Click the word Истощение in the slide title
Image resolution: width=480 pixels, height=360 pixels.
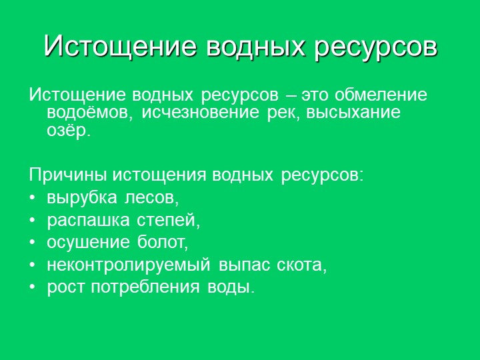coord(120,46)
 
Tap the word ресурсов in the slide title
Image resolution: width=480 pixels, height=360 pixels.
coord(376,49)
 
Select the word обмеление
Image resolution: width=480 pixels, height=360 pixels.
coord(381,95)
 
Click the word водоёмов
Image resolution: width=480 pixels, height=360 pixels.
coord(89,113)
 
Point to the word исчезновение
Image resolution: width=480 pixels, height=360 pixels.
coord(200,113)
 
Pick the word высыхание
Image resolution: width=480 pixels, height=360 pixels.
coord(353,113)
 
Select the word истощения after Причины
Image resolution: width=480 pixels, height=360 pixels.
coord(159,176)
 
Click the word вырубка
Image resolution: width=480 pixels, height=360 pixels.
coord(82,198)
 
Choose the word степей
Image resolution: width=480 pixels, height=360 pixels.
coord(168,221)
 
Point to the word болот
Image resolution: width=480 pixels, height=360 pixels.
coord(162,242)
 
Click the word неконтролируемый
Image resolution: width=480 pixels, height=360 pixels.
coord(129,265)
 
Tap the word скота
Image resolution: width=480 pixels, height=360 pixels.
coord(301,265)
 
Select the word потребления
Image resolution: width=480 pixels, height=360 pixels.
coord(145,287)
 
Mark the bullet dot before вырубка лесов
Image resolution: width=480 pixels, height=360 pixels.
coord(33,198)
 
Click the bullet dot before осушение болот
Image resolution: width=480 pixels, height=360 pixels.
coord(33,242)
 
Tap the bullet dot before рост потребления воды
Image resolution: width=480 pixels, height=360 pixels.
coord(33,287)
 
